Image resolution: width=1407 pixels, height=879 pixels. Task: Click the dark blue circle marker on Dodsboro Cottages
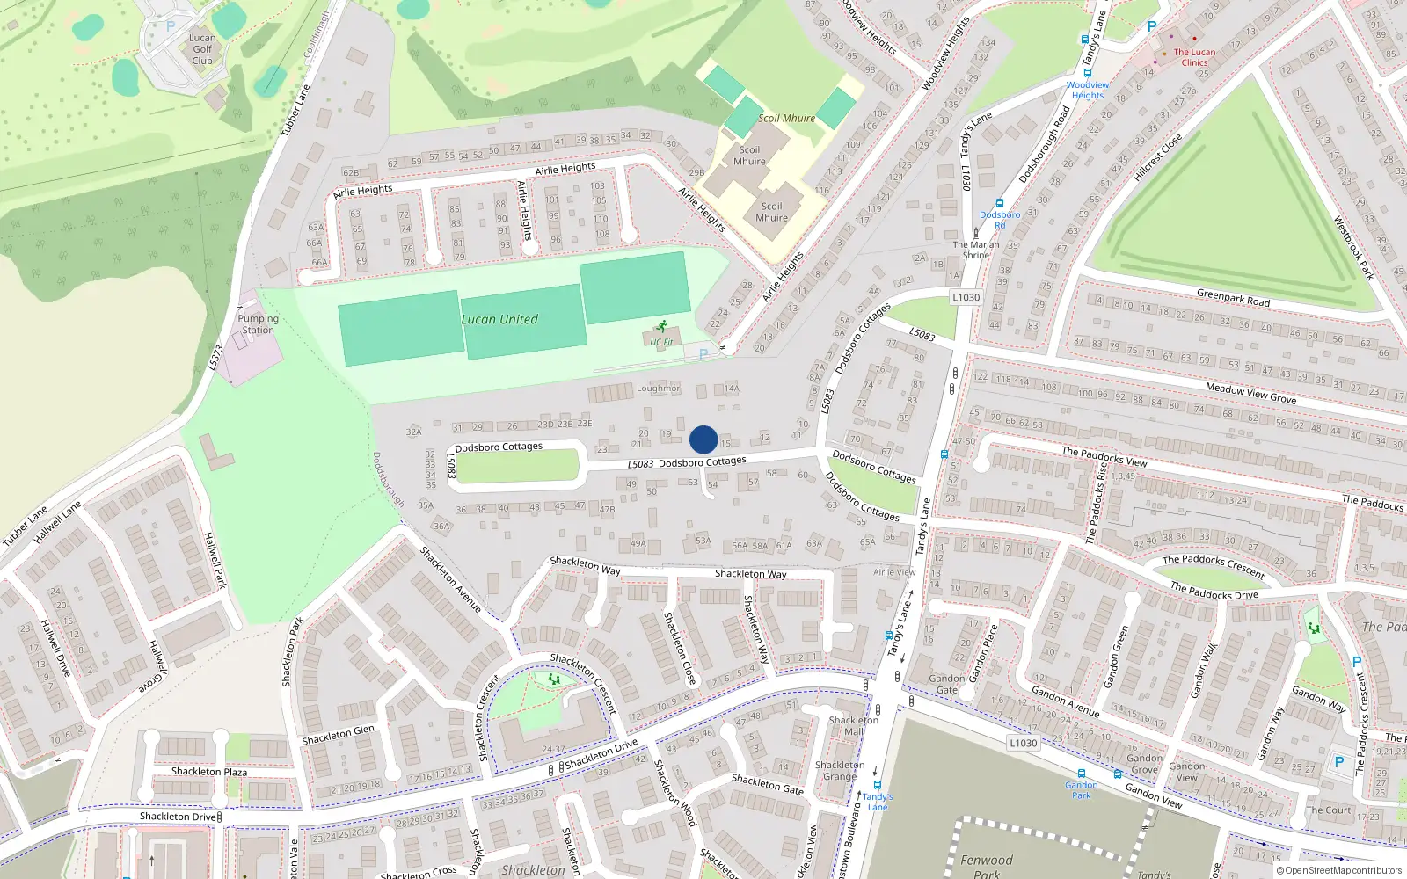click(x=703, y=439)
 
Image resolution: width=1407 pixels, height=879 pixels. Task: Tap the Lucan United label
click(x=499, y=320)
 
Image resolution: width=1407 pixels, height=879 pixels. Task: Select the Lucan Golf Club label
click(x=202, y=49)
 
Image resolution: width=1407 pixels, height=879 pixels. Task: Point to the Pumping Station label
click(x=258, y=324)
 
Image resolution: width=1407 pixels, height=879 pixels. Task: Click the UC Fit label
click(x=661, y=342)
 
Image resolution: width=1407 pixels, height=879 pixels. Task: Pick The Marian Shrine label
click(x=976, y=250)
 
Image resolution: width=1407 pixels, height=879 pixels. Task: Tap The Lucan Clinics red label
click(x=1194, y=57)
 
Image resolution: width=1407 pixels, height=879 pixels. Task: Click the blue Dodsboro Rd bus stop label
click(x=1000, y=220)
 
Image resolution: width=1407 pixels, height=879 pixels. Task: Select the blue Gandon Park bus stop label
click(x=1081, y=790)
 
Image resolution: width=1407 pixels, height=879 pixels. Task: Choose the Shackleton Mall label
click(x=853, y=725)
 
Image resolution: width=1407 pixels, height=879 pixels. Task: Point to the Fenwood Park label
click(x=986, y=866)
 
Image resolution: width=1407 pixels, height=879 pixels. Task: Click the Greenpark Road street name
click(x=1233, y=298)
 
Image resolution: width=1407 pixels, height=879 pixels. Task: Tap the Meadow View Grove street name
click(x=1250, y=393)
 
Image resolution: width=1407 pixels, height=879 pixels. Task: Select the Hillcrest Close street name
click(x=1157, y=157)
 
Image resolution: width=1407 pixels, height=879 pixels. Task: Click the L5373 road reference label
click(x=216, y=357)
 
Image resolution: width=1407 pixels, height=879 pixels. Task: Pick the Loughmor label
click(x=658, y=388)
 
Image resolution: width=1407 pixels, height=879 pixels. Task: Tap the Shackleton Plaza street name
click(x=209, y=772)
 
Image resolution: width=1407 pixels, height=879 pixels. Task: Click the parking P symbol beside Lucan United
click(x=703, y=354)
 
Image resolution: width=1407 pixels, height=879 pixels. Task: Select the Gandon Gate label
click(x=947, y=684)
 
